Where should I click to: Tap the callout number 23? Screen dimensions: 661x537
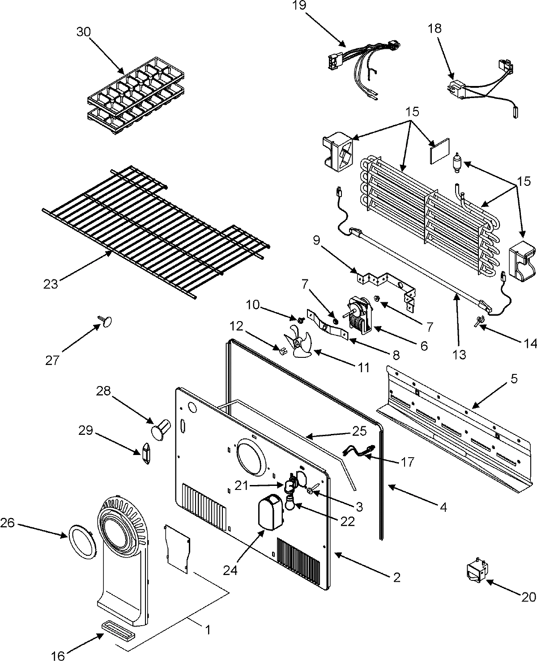51,284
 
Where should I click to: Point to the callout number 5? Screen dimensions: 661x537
514,379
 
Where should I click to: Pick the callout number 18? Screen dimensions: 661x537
434,28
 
